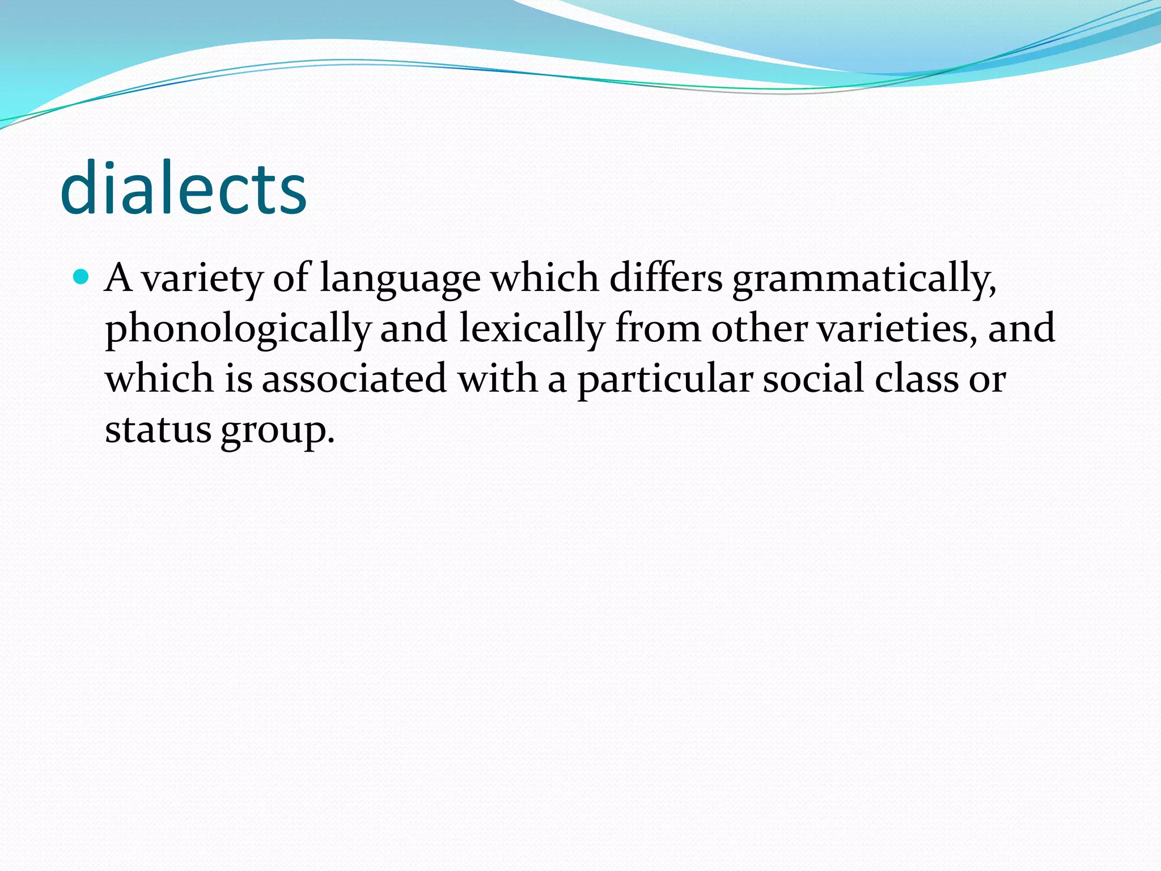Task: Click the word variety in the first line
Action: (x=202, y=279)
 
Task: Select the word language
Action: (x=400, y=279)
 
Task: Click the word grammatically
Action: (x=864, y=279)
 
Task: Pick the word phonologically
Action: (x=238, y=329)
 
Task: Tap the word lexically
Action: (x=531, y=329)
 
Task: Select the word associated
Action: (x=354, y=378)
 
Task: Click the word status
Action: (x=158, y=429)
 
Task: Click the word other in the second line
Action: (x=759, y=328)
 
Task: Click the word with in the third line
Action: (x=497, y=378)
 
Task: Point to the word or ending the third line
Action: (x=987, y=379)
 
